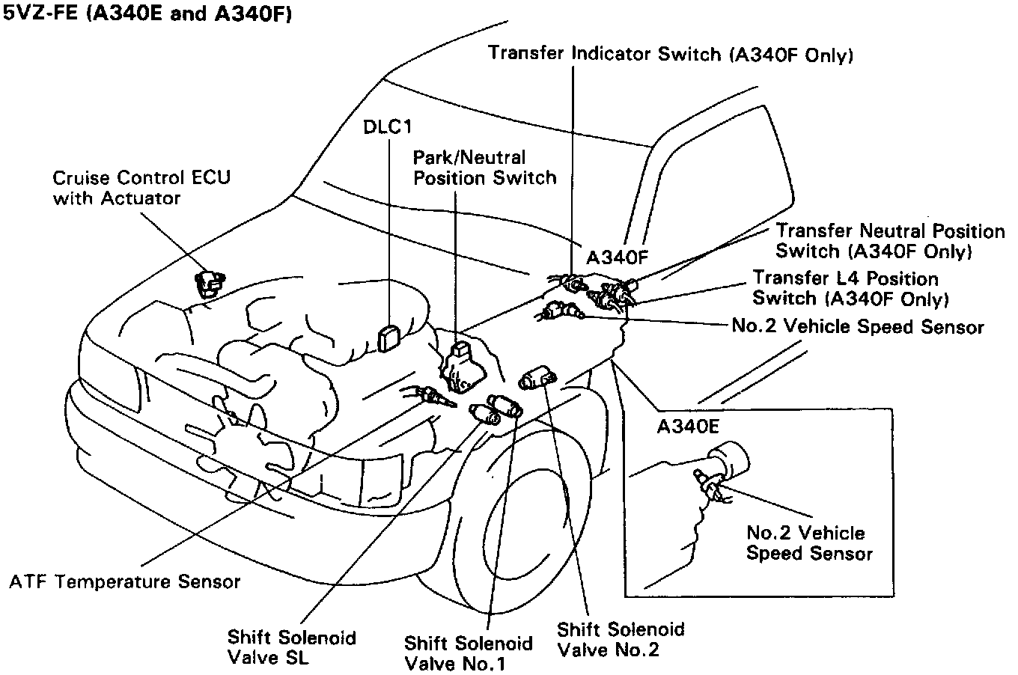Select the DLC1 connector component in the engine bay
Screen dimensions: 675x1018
pos(389,338)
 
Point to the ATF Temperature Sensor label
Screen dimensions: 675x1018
pos(125,581)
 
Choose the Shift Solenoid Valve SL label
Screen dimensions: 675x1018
pos(292,647)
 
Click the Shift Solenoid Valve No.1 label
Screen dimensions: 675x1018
pos(468,653)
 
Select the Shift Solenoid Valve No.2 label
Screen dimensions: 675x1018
pos(621,638)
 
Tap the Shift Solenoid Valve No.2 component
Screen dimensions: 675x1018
pos(537,378)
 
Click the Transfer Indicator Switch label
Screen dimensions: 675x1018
pos(671,54)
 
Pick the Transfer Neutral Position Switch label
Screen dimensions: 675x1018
pos(889,240)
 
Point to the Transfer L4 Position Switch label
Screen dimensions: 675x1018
pos(850,288)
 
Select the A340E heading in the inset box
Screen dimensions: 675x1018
pos(688,427)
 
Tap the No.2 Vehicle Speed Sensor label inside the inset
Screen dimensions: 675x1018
pos(809,543)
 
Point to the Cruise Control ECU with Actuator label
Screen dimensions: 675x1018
pos(141,188)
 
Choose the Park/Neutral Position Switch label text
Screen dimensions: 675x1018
pos(484,168)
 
